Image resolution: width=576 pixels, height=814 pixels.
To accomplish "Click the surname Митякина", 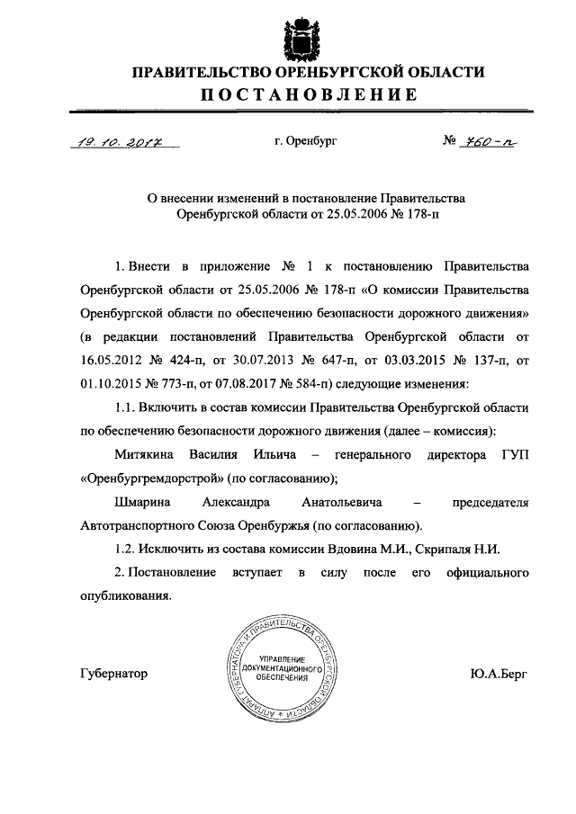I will tap(145, 456).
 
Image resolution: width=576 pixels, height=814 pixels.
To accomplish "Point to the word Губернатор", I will tap(113, 674).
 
